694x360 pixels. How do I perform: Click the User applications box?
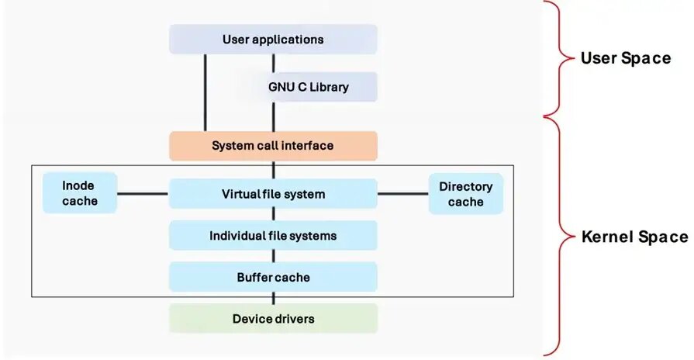click(x=273, y=39)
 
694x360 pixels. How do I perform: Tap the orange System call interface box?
click(x=273, y=146)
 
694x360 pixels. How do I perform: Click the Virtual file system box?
click(x=273, y=194)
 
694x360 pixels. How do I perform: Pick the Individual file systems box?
click(x=273, y=235)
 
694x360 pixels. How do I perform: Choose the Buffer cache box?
click(x=273, y=276)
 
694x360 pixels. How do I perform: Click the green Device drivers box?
click(x=273, y=318)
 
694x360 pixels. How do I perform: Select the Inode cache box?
click(x=80, y=194)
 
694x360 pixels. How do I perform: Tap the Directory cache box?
click(x=465, y=194)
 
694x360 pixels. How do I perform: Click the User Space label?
click(x=625, y=58)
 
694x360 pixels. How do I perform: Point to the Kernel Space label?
click(x=634, y=237)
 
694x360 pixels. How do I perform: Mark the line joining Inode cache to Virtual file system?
click(x=143, y=194)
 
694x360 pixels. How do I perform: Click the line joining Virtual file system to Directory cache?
click(x=402, y=194)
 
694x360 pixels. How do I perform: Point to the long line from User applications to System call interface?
click(x=205, y=93)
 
